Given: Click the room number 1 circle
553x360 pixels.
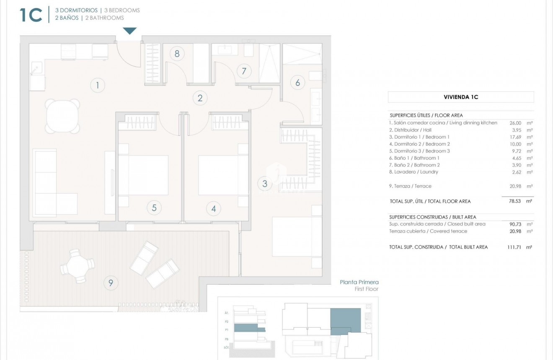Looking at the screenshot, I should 97,86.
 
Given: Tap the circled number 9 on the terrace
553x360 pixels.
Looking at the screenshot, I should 111,283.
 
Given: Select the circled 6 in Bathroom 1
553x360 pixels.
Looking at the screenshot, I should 297,83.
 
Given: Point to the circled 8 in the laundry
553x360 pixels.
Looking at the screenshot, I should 177,54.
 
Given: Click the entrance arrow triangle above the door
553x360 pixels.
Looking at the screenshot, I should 130,31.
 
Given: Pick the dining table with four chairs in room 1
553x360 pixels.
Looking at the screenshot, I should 62,116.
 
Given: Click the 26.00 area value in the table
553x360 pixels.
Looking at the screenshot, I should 515,123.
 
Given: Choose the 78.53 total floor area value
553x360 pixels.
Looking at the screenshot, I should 515,201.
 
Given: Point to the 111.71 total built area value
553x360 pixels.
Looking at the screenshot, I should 514,247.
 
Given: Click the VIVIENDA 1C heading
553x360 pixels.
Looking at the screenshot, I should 461,97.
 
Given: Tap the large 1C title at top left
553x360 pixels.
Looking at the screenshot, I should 31,15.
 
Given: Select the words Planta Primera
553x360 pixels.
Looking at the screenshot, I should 359,282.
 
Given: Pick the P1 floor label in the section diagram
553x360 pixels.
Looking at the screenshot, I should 226,330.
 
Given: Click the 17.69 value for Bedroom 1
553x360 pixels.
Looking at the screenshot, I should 515,137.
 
